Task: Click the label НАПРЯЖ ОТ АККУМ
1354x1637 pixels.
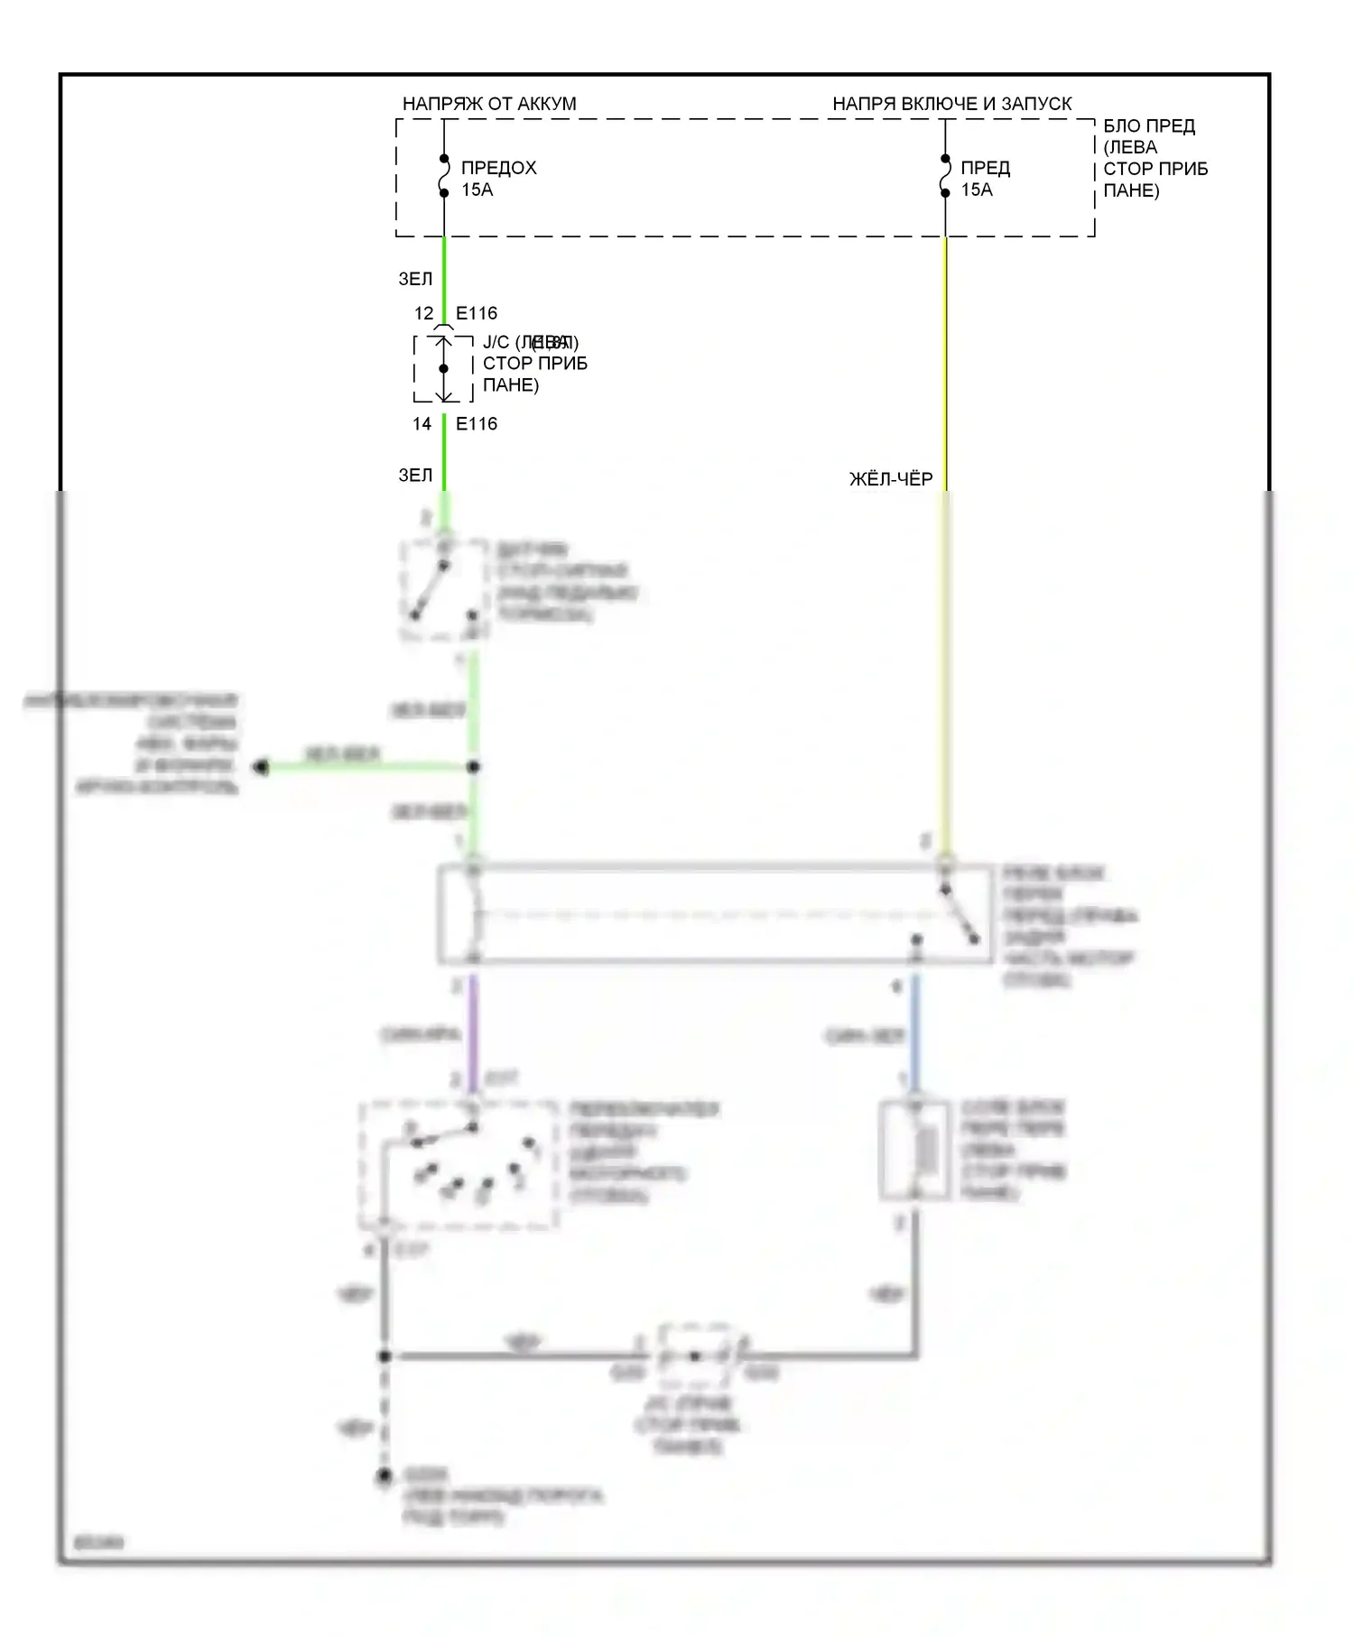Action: tap(488, 104)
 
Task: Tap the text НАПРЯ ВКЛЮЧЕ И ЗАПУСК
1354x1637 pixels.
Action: tap(951, 104)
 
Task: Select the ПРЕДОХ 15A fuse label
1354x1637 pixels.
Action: tap(498, 179)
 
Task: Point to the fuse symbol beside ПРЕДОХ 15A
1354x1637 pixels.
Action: tap(444, 176)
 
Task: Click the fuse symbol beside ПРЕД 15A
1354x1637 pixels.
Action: tap(945, 176)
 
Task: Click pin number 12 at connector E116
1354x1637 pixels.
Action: tap(423, 313)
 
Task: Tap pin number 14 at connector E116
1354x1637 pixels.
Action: tap(422, 424)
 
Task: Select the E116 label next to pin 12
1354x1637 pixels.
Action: tap(477, 313)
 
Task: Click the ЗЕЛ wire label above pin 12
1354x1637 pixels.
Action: tap(415, 279)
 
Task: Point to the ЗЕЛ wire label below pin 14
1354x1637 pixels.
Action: tap(415, 475)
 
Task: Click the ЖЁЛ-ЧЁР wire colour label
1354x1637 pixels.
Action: tap(891, 479)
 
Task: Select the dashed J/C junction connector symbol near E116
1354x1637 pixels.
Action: tap(443, 369)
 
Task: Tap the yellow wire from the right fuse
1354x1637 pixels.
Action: tap(945, 361)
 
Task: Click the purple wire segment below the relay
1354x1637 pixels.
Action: tap(472, 1029)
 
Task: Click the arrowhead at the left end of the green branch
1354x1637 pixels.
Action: tap(261, 767)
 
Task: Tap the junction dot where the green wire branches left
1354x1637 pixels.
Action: tap(473, 767)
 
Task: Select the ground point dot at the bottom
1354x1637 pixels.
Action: tap(385, 1476)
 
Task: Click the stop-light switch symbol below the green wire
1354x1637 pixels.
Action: tap(442, 591)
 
